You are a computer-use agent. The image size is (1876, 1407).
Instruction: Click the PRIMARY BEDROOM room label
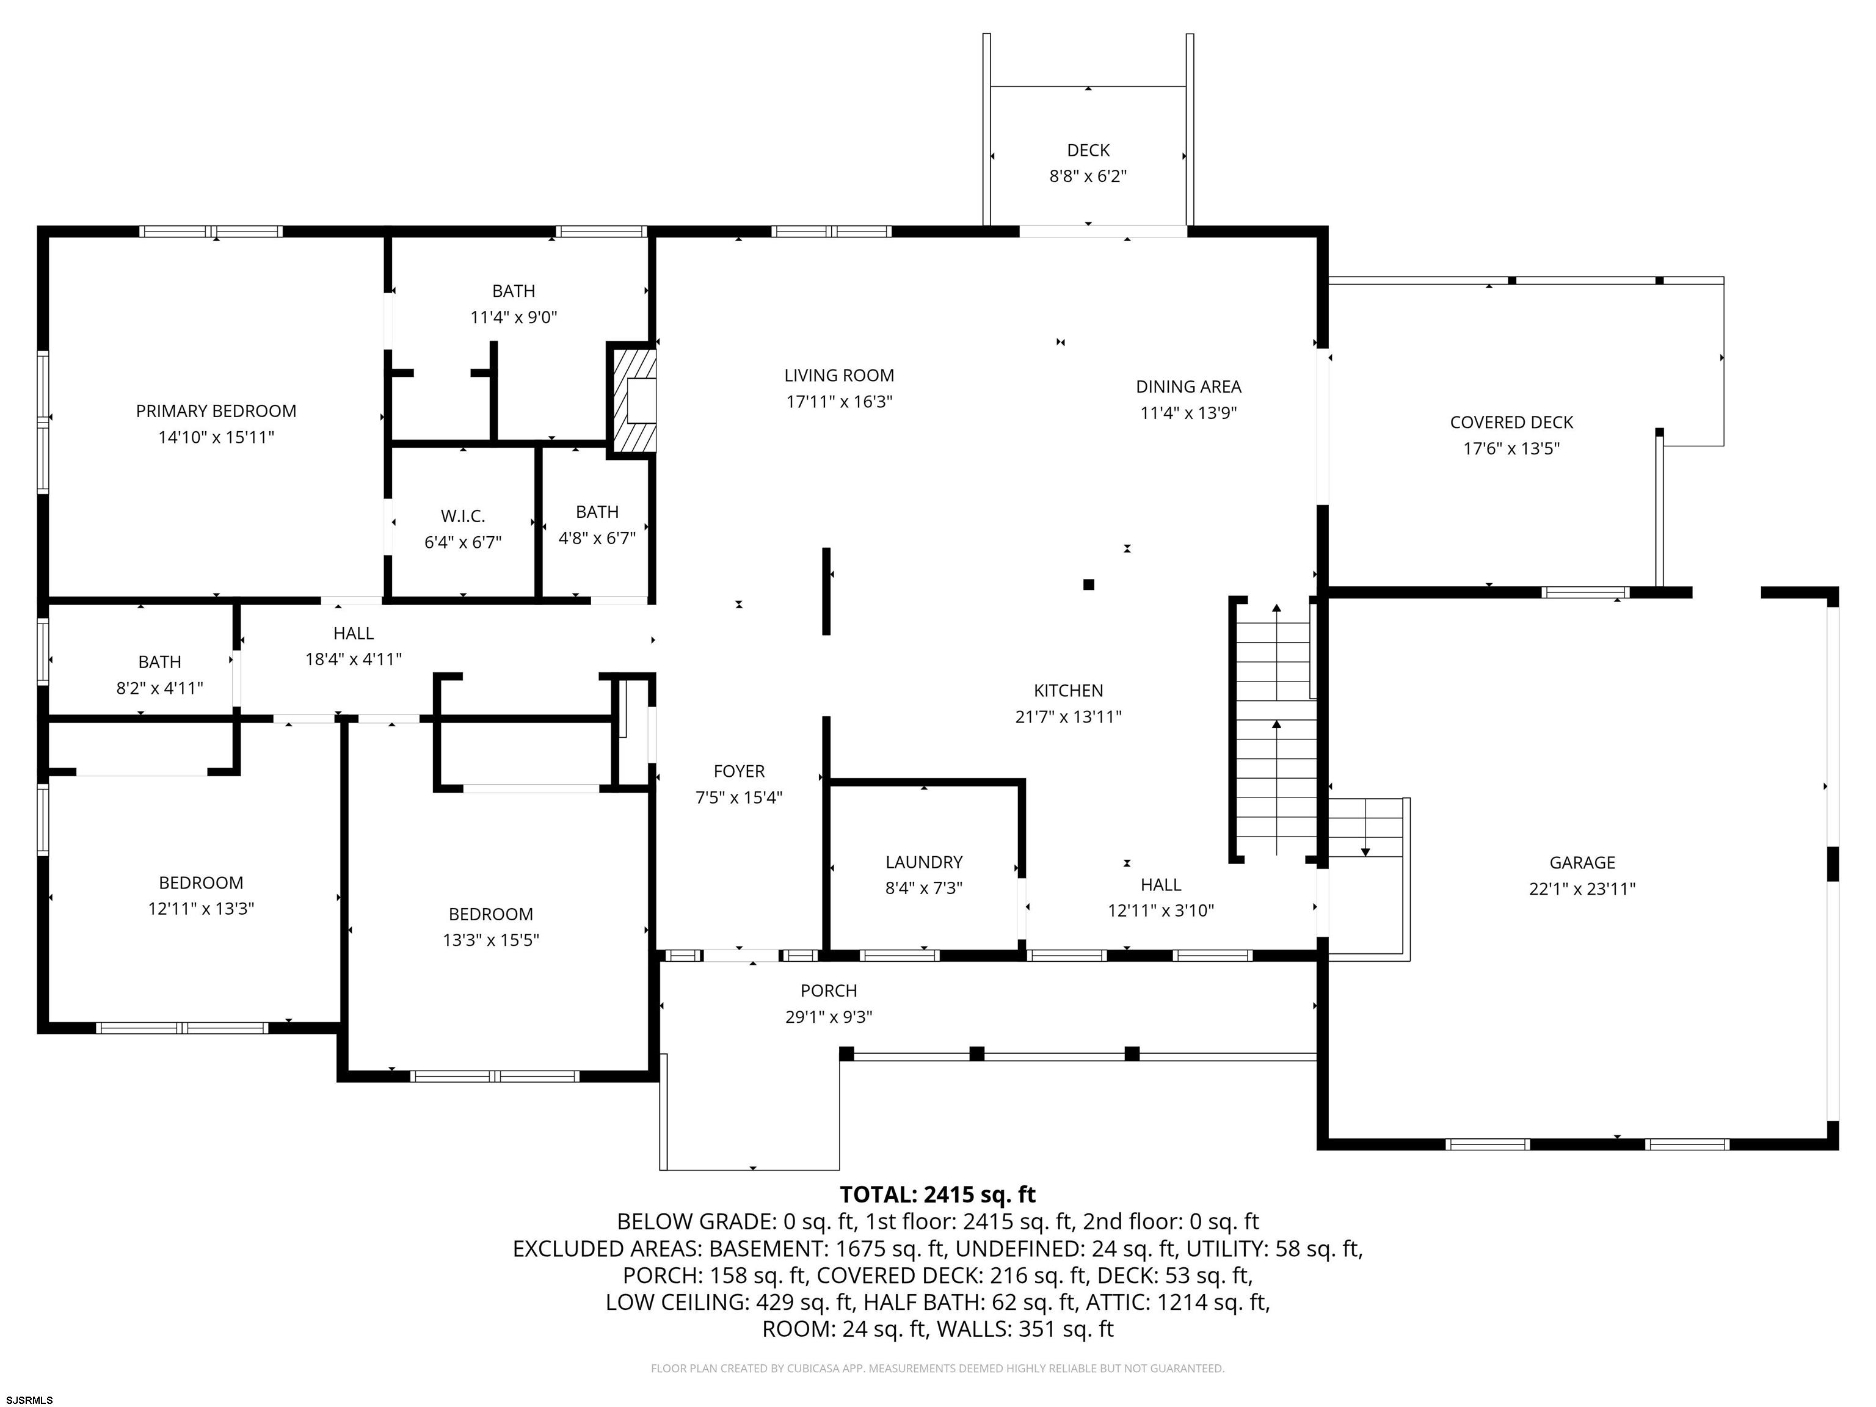click(x=216, y=412)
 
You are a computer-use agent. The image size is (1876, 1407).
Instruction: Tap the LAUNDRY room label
click(x=923, y=862)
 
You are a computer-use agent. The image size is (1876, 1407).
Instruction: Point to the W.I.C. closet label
click(x=463, y=517)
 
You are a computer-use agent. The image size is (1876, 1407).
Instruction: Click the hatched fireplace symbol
click(x=632, y=401)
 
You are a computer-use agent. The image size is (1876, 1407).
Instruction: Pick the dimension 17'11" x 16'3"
click(x=839, y=402)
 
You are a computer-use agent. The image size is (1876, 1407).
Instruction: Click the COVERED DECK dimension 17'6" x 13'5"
click(x=1511, y=449)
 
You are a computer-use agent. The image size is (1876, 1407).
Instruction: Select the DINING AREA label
click(x=1188, y=387)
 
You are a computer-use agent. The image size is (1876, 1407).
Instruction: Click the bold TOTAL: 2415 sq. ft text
click(x=937, y=1195)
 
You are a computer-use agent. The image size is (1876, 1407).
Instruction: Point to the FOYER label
click(x=739, y=772)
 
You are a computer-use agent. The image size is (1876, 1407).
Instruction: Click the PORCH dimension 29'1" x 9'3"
click(x=829, y=1017)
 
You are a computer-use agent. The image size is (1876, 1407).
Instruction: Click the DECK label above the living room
click(x=1088, y=151)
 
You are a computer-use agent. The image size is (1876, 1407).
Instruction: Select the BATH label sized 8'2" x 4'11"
click(x=159, y=663)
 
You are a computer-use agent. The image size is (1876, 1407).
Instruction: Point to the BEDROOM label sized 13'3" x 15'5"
click(x=490, y=914)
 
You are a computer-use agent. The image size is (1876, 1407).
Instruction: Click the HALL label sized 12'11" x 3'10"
click(x=1161, y=885)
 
